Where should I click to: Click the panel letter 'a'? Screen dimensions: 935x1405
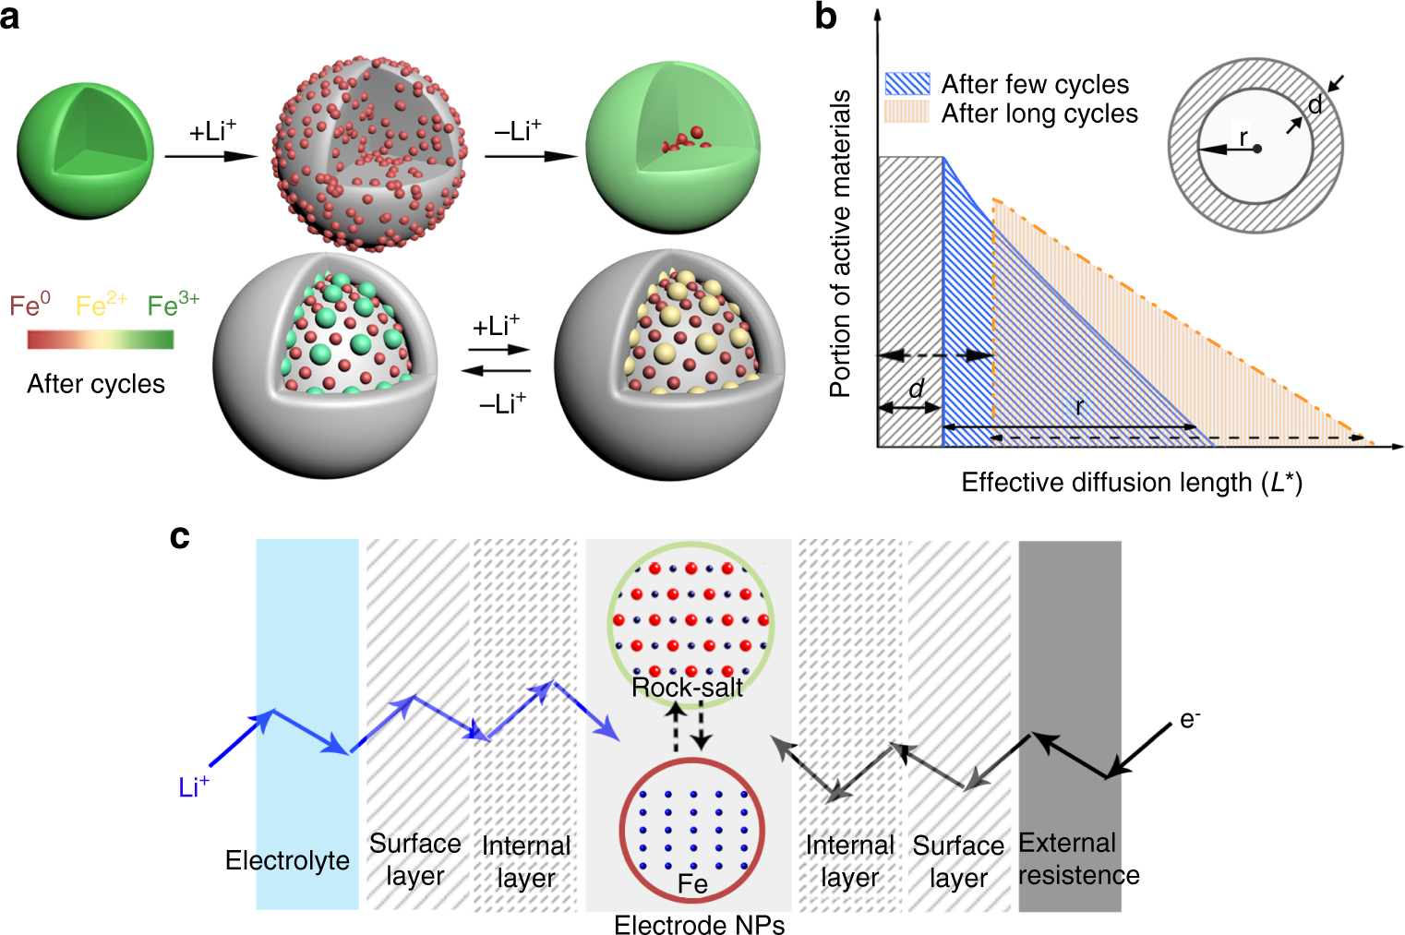(10, 17)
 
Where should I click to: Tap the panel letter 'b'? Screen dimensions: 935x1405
(826, 17)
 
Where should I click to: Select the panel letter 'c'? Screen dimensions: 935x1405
(180, 537)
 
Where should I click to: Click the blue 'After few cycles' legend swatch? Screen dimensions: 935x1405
(907, 84)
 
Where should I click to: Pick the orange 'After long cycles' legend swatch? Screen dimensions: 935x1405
(907, 113)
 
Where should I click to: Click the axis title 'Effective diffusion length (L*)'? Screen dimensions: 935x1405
(1132, 483)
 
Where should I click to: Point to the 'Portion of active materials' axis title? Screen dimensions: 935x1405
(840, 243)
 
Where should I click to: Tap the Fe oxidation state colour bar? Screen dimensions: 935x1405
(101, 340)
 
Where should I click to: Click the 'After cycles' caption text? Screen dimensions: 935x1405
(96, 384)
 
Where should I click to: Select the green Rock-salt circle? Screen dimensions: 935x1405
(690, 624)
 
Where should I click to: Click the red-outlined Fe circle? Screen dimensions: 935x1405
(692, 830)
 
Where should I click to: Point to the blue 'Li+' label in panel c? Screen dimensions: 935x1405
(194, 787)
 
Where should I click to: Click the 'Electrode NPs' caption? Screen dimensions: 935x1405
(699, 925)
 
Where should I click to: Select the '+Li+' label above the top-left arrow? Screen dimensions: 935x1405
(212, 132)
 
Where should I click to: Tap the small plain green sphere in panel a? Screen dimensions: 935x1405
(85, 150)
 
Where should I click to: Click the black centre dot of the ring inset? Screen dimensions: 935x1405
(1256, 149)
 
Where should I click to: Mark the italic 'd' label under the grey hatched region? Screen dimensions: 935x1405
(915, 389)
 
